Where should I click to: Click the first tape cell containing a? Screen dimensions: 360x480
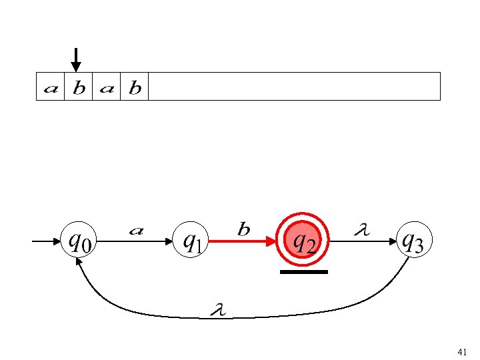tap(50, 87)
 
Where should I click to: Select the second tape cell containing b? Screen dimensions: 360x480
tap(79, 87)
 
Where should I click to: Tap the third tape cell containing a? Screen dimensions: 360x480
tap(106, 87)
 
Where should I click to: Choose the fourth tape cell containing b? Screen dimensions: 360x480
tap(134, 87)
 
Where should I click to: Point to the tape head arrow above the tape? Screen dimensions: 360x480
tap(76, 59)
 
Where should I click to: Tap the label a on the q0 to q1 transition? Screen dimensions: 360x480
tap(135, 231)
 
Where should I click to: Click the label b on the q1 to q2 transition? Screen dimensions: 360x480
tap(244, 230)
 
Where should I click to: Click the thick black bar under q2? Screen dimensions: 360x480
tap(304, 272)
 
